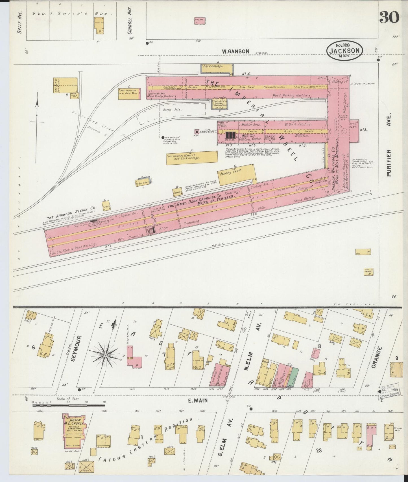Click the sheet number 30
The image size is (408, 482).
point(389,17)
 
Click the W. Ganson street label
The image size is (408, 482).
point(235,51)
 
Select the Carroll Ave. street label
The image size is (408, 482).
point(130,21)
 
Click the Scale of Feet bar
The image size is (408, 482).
point(68,405)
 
